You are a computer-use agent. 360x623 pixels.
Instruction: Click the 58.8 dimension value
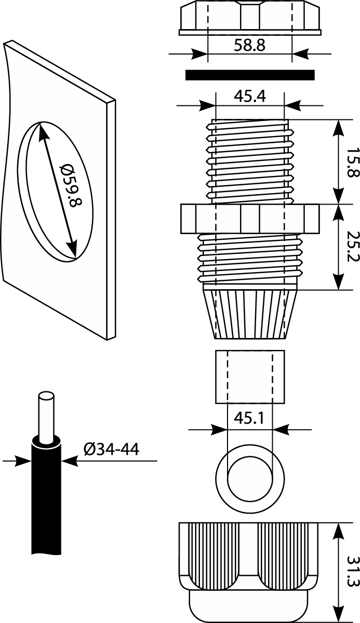[x=249, y=45]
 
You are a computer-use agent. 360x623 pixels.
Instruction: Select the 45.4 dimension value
[x=249, y=97]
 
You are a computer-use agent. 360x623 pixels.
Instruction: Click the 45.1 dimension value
[x=250, y=419]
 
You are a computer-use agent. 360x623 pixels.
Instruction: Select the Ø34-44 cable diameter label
[x=111, y=449]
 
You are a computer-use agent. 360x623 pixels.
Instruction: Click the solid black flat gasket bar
[x=250, y=75]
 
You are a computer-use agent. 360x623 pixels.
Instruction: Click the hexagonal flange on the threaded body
[x=249, y=219]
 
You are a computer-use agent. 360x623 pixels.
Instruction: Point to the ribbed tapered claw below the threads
[x=249, y=314]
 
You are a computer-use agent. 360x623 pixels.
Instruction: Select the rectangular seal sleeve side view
[x=250, y=376]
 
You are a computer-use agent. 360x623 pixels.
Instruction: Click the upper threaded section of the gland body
[x=249, y=161]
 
